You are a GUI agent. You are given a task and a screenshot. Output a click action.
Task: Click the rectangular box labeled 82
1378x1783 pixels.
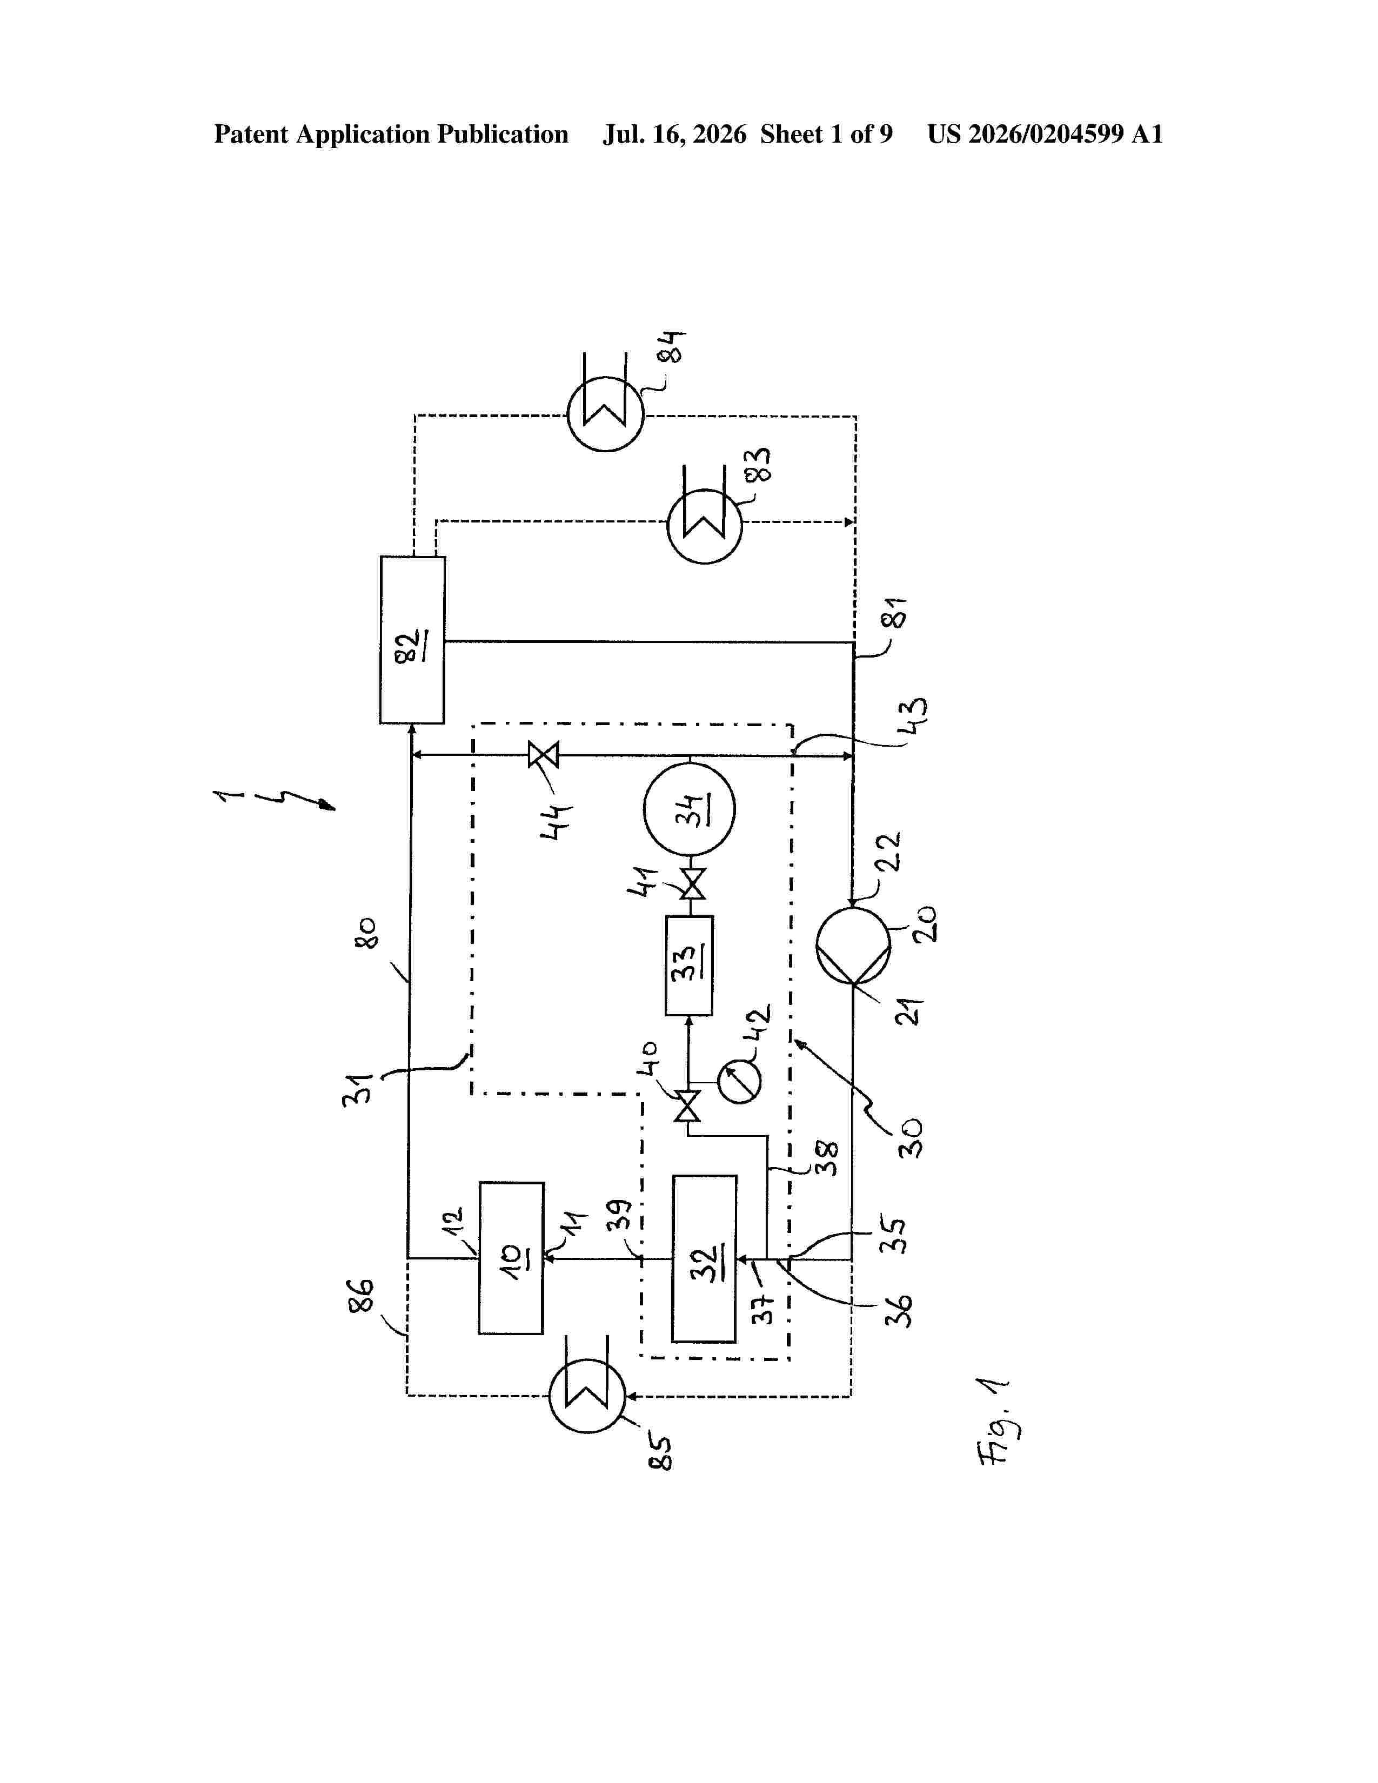coord(412,640)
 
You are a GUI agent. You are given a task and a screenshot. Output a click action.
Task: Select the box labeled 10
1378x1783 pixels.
coord(511,1258)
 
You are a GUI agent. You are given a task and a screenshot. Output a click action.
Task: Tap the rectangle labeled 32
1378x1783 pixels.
coord(704,1259)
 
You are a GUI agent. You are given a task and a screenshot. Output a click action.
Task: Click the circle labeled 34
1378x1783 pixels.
coord(689,808)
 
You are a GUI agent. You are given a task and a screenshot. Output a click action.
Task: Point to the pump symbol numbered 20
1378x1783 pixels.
coord(853,946)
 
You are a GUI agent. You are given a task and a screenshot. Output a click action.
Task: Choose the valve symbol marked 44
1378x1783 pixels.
coord(543,755)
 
